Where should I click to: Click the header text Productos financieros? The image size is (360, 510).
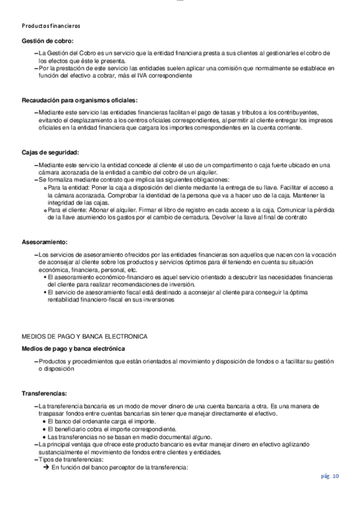coord(50,26)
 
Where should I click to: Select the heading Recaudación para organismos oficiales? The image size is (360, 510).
coord(79,99)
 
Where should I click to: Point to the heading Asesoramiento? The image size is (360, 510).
coord(45,242)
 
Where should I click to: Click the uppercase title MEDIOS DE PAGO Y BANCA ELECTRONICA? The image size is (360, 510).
coord(85,335)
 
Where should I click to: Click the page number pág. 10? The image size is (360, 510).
coord(330,476)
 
